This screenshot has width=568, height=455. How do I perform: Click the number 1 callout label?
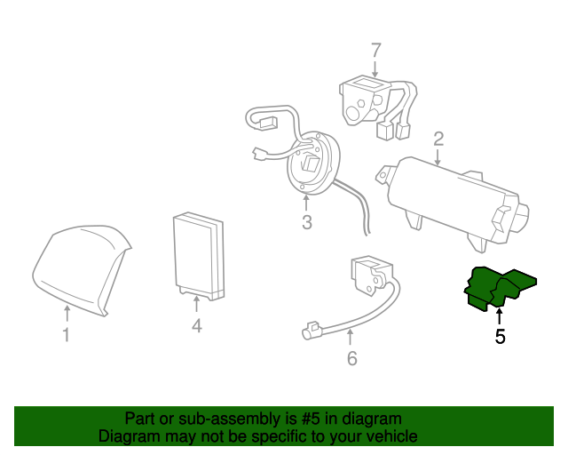coord(66,335)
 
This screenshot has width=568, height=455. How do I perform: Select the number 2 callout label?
coord(438,138)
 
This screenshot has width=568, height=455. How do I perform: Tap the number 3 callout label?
coord(306,222)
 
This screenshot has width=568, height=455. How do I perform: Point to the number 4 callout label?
coord(197,327)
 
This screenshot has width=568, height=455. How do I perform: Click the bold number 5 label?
coord(500,337)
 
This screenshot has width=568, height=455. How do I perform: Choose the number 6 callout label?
coord(351,359)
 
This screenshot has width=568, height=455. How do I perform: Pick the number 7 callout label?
coord(375,51)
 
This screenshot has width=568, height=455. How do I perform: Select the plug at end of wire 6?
coord(311,331)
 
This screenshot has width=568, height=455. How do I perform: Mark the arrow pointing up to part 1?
coord(67,312)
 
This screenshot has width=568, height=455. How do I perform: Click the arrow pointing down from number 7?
coord(375,68)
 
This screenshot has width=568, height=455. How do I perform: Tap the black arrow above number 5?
coord(500,315)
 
